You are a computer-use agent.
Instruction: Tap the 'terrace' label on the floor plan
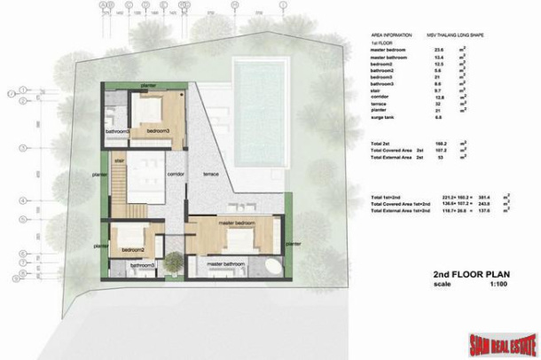210,173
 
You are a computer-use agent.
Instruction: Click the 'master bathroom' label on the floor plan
225,263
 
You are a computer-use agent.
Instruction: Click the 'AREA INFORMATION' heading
391,35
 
